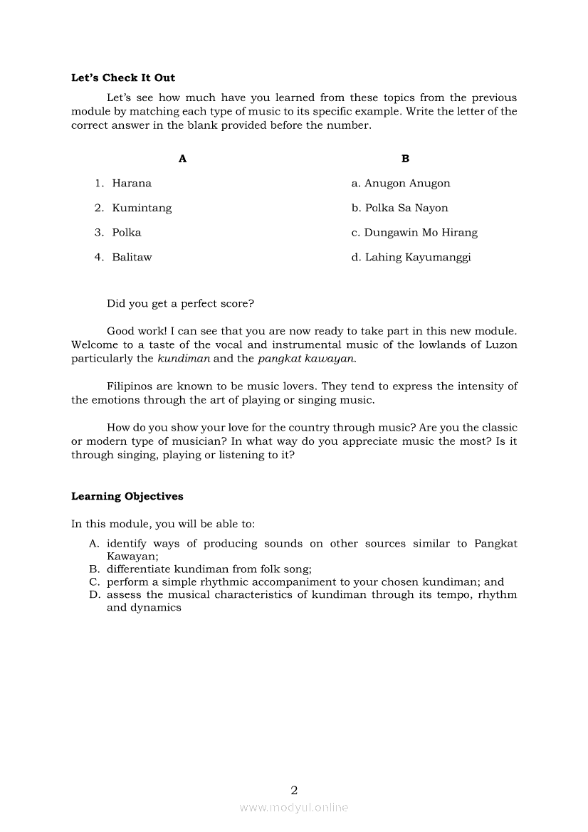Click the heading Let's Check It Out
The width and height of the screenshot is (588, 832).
point(123,78)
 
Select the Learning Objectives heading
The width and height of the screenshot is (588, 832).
point(127,496)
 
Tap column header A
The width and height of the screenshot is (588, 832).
point(182,159)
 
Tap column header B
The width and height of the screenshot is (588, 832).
point(405,159)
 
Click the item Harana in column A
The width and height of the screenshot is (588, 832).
point(132,184)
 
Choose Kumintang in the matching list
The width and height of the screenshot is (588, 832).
point(142,208)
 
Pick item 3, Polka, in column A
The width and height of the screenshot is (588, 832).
point(127,233)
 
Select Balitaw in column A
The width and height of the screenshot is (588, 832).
point(132,257)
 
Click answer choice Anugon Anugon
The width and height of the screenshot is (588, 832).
point(407,184)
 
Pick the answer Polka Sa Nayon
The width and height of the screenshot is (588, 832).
point(406,208)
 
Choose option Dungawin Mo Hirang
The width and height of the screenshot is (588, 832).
point(421,233)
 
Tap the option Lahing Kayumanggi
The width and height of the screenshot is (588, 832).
point(418,257)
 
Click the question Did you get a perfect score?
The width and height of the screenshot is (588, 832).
point(180,303)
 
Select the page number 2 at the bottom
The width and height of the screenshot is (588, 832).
point(294,789)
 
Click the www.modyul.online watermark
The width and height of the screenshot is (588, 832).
point(294,807)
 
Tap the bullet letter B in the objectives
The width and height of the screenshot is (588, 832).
point(93,569)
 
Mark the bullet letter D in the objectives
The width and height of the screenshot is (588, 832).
point(93,595)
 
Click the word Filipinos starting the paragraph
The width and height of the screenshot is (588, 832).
point(131,386)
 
